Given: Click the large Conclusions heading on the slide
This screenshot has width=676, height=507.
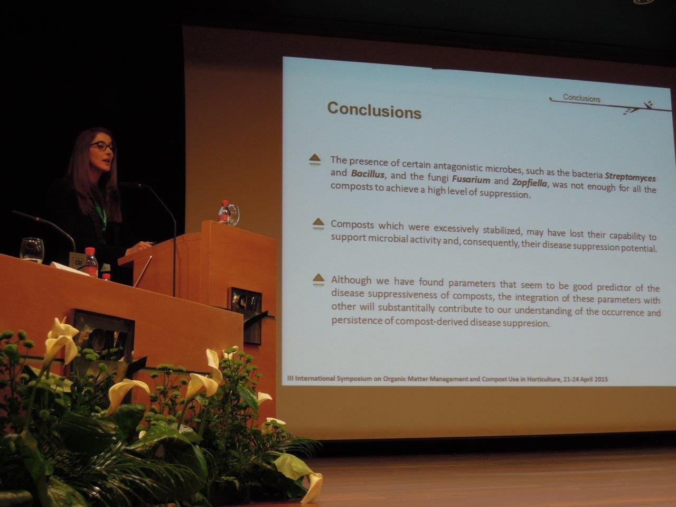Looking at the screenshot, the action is click(x=374, y=110).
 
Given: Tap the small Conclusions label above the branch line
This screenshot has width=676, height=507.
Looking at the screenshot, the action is click(x=581, y=98).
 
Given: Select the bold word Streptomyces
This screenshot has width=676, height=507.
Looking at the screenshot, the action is click(x=630, y=177).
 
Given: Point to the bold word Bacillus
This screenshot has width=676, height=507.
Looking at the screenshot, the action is click(x=368, y=174).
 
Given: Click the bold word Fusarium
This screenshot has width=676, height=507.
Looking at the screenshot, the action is click(x=471, y=179).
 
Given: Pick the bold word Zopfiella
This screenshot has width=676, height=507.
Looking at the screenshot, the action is click(x=529, y=183).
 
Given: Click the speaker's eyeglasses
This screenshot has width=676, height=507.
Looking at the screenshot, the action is click(x=104, y=146).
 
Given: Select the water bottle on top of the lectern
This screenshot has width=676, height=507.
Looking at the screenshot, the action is click(x=224, y=212).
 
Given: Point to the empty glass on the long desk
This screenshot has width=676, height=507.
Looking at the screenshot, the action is click(x=32, y=250).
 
